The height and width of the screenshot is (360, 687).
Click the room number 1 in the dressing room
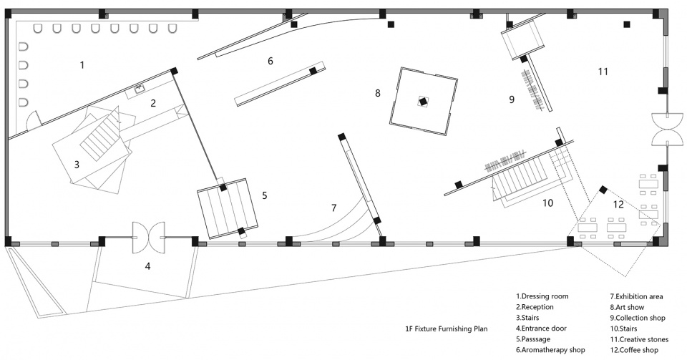point(82,65)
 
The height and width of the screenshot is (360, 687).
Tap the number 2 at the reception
point(153,103)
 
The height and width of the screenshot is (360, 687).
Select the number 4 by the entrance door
point(148,266)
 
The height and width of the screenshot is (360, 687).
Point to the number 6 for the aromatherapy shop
point(271,61)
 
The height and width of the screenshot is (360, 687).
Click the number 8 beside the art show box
point(378,93)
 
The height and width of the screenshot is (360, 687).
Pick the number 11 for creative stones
point(603,72)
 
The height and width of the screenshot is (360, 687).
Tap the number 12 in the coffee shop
point(618,204)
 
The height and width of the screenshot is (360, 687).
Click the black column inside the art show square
point(423,101)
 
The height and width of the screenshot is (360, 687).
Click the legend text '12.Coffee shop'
point(634,350)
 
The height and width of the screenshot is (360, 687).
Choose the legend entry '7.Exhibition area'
point(637,296)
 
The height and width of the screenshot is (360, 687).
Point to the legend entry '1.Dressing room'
point(542,296)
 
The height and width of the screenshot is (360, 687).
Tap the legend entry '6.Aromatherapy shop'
point(550,350)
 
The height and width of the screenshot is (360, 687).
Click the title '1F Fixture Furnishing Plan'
point(446,329)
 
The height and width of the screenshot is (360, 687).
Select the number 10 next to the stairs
point(547,203)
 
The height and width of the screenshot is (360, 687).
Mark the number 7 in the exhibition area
point(334,208)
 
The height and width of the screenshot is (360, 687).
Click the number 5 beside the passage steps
point(265,195)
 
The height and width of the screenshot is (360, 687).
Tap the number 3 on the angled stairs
point(77,165)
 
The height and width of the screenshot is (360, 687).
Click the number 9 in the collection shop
point(512,99)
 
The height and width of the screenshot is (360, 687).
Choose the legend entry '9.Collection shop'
point(638,318)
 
